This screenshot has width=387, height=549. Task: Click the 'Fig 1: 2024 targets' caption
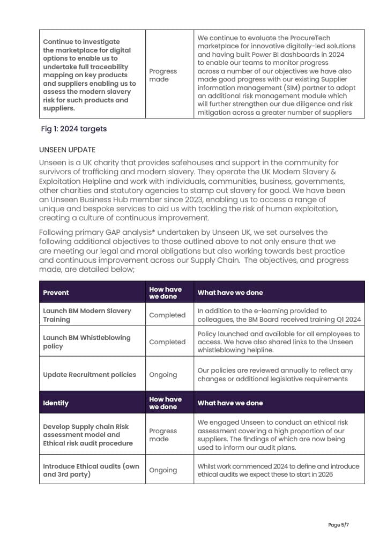point(74,129)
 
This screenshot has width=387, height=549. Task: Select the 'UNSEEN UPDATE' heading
point(67,150)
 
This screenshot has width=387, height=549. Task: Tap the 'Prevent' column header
point(56,293)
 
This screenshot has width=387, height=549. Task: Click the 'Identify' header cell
point(56,403)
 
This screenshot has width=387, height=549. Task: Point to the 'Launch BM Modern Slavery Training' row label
point(87,315)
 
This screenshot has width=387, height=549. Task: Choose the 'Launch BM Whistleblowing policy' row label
point(86,342)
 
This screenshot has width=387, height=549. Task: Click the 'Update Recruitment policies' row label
point(90,374)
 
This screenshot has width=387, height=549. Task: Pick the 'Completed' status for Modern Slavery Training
point(167,315)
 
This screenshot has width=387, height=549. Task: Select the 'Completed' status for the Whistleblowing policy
point(167,342)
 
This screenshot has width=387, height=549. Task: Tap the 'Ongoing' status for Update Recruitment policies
point(163,374)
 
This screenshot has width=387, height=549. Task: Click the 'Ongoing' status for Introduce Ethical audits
point(163,470)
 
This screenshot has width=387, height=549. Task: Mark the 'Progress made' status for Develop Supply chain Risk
point(163,435)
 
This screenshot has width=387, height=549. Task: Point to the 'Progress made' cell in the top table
point(163,75)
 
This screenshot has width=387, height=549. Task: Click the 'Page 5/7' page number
point(339,525)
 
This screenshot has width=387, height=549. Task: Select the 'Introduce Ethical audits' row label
point(91,470)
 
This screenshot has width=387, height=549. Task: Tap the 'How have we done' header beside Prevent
point(165,293)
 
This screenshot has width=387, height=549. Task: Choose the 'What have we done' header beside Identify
point(230,403)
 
